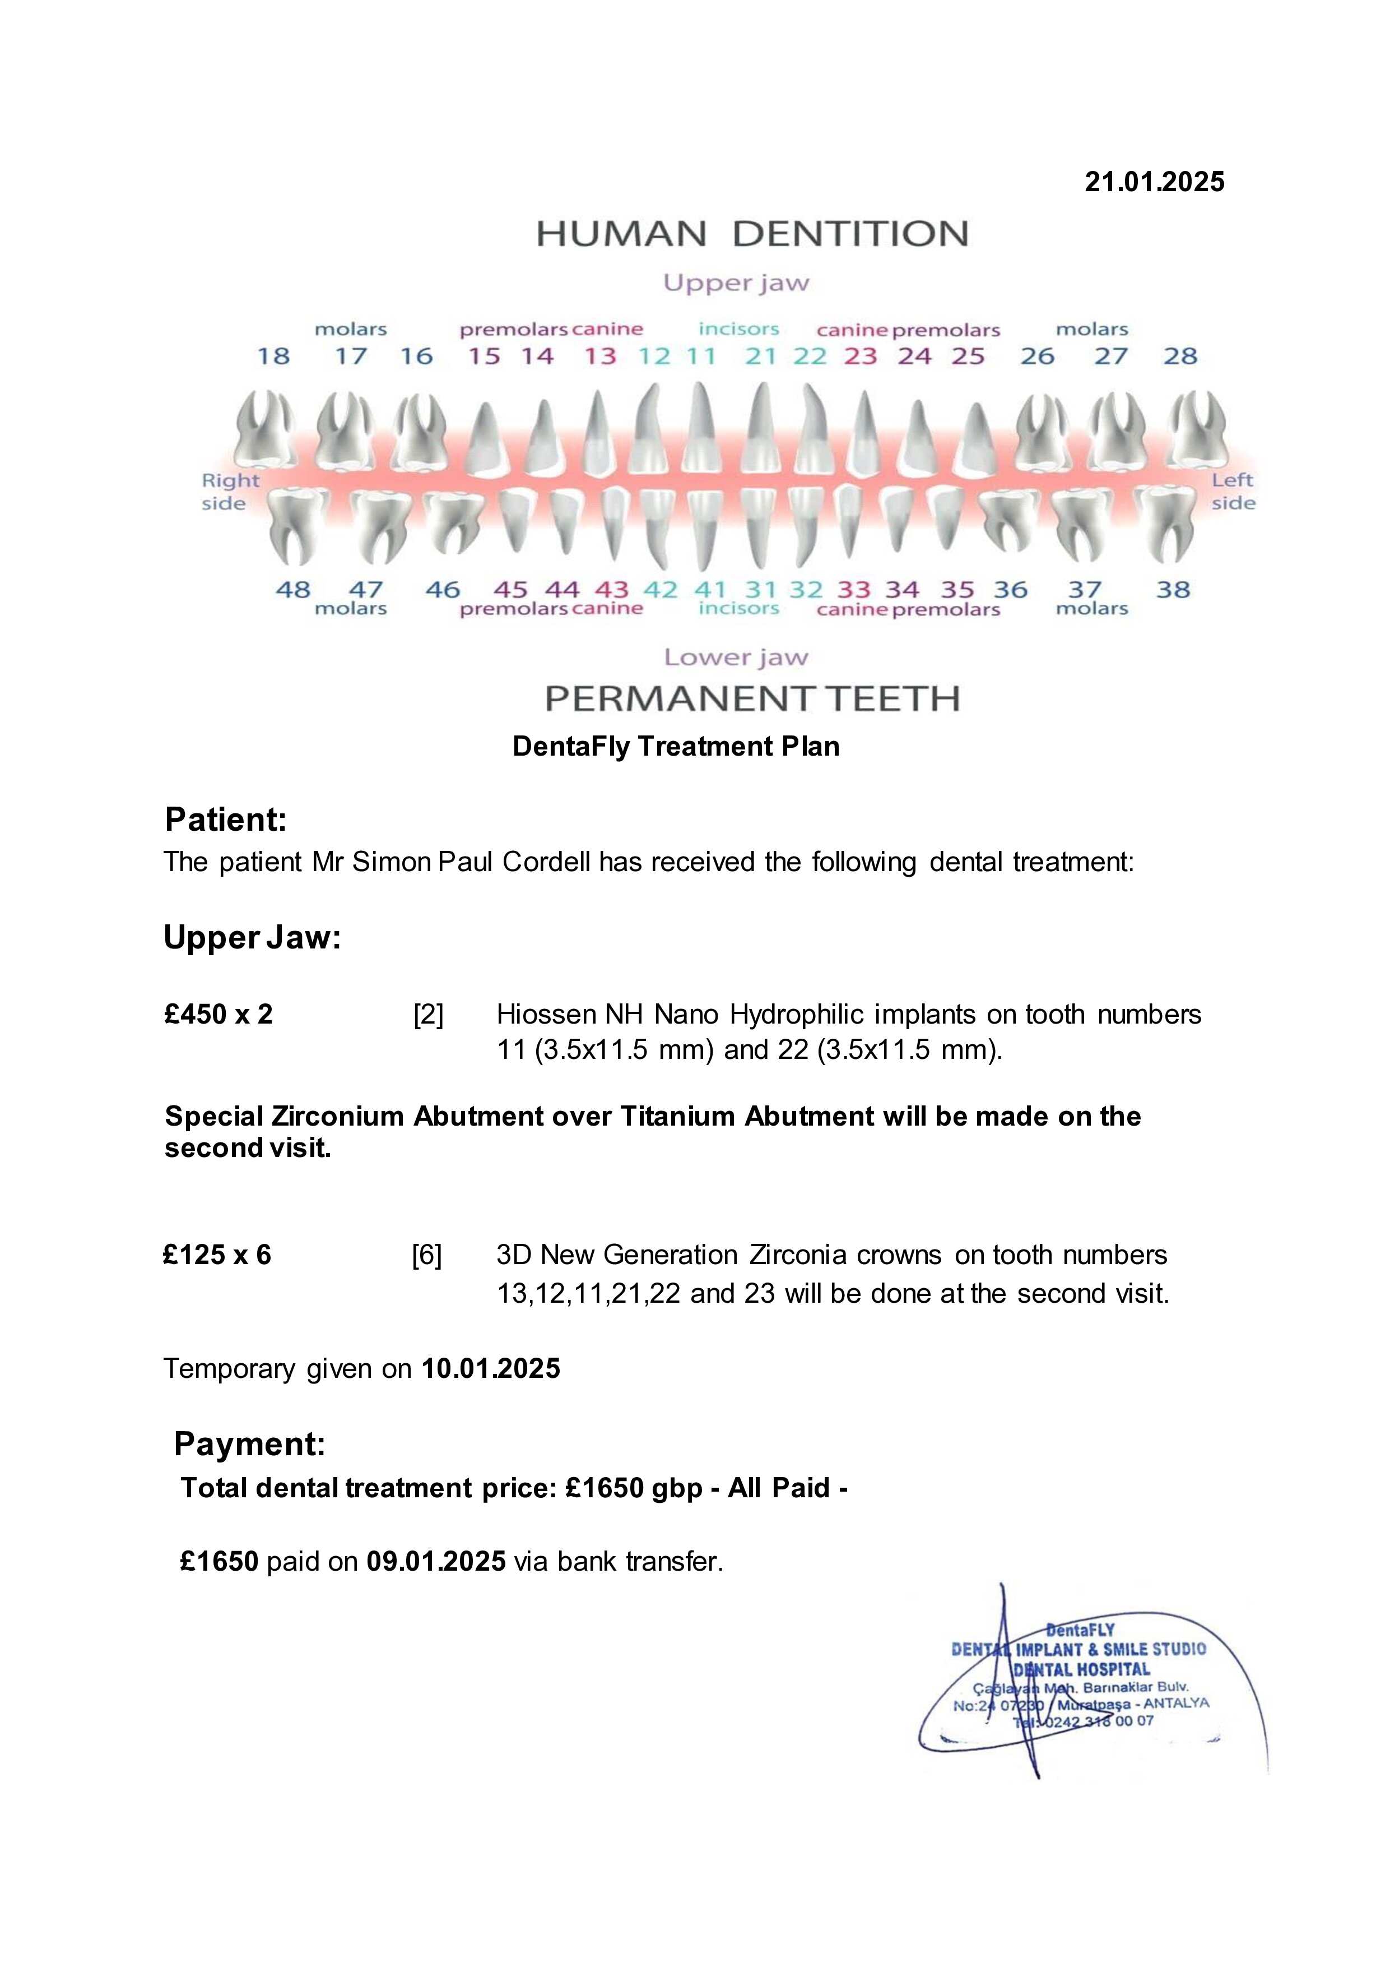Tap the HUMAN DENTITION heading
751,234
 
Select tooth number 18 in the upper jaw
273,357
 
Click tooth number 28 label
1179,357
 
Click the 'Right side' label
230,492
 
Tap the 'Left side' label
1233,492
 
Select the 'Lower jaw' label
736,658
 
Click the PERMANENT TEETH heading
752,699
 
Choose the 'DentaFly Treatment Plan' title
676,746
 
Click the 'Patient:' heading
225,820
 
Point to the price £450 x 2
219,1015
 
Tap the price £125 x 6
217,1255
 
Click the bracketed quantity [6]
426,1255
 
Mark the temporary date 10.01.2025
491,1368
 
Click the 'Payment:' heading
249,1445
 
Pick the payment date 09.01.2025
436,1561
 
